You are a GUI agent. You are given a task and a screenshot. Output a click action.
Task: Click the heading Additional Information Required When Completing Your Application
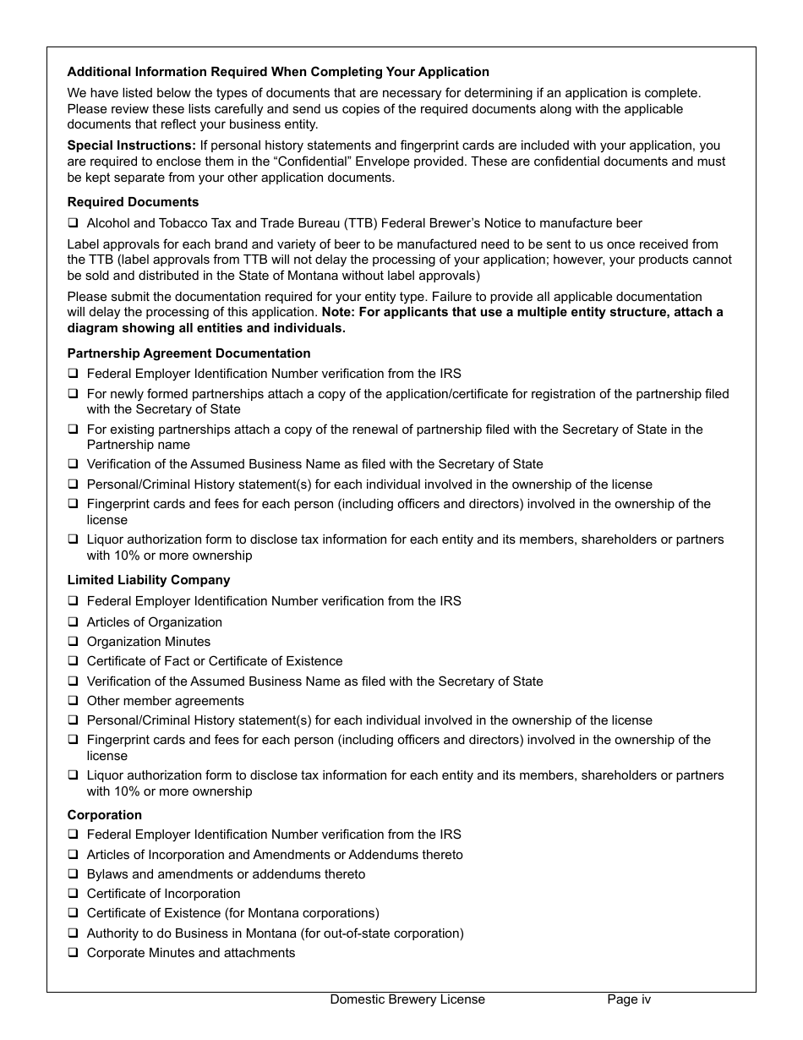pos(278,72)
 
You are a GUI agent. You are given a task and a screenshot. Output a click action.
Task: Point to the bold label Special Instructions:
pos(131,145)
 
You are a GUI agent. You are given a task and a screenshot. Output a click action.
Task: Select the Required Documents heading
pos(133,202)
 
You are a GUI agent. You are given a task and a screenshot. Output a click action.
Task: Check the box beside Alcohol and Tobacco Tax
pos(73,223)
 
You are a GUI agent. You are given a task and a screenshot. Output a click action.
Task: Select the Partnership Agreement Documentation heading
pos(188,353)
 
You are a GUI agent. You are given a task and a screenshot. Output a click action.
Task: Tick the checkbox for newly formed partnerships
pos(73,394)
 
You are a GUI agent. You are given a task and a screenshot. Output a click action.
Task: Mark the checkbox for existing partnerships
pos(73,430)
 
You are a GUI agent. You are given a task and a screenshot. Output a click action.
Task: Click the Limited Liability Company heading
pos(149,580)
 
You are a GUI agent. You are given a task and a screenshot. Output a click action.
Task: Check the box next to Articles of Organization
pos(73,622)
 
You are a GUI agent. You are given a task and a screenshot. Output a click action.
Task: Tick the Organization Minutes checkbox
pos(73,642)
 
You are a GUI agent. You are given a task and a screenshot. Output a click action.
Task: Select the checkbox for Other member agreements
pos(73,701)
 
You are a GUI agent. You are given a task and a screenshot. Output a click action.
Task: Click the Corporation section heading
pos(105,815)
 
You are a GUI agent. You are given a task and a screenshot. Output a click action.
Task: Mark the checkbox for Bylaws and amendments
pos(73,874)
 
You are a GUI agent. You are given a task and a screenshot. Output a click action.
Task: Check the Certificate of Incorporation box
pos(73,894)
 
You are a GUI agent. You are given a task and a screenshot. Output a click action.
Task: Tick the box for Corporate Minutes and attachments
pos(73,953)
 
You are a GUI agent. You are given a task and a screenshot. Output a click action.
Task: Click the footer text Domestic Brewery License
pos(407,999)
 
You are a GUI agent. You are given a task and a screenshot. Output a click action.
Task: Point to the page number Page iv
pos(629,999)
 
